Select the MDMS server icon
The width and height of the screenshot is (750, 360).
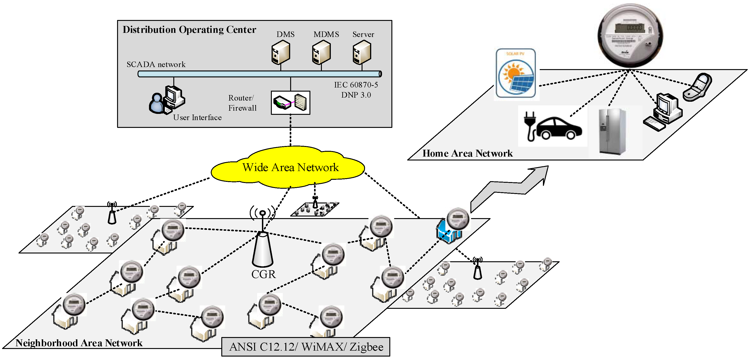(321, 52)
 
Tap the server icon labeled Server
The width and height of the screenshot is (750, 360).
(362, 52)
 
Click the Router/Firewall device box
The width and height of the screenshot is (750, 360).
(290, 103)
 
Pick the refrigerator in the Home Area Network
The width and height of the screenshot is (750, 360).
(611, 131)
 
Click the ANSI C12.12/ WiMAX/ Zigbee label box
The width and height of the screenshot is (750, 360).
(306, 347)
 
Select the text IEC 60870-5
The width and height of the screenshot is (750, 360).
(356, 85)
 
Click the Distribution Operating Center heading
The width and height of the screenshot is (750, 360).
(189, 30)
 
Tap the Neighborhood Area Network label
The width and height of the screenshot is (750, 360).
(79, 343)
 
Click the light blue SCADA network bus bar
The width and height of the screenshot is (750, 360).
(259, 74)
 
